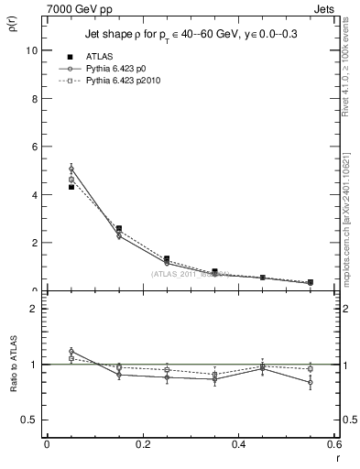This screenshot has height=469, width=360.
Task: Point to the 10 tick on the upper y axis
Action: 33,50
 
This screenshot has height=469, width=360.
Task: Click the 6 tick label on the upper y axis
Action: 36,147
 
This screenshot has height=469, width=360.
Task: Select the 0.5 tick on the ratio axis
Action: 32,420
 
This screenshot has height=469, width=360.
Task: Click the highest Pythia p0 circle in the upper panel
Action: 71,169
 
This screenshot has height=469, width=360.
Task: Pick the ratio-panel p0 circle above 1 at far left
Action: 71,351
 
